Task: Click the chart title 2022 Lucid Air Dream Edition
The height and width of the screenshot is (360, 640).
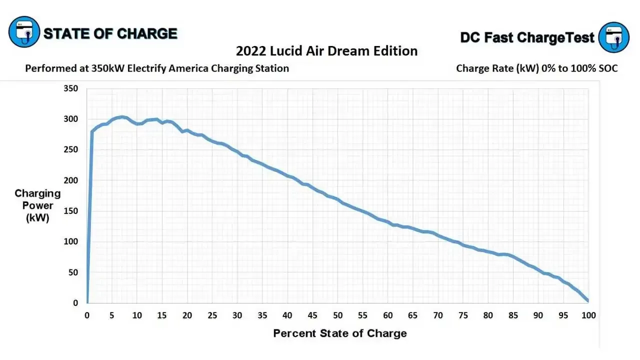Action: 326,51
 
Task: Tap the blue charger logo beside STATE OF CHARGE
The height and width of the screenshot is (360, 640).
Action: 24,31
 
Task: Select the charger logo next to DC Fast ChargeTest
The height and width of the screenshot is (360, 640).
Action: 613,37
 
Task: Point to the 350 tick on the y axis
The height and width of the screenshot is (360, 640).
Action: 70,88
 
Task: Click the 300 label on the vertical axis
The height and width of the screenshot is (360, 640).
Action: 70,119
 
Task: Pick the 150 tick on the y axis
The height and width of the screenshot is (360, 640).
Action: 70,211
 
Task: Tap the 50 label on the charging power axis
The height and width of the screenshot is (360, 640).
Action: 73,272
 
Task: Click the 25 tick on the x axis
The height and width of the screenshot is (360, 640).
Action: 212,315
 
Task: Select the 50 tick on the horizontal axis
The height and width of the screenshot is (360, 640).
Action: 337,315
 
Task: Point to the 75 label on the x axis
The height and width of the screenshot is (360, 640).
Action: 463,315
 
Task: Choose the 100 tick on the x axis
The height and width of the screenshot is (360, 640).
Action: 588,315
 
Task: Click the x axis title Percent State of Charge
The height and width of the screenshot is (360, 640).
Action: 340,333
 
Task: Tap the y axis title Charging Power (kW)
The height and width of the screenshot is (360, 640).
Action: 37,205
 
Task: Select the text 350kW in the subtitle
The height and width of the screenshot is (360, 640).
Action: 107,68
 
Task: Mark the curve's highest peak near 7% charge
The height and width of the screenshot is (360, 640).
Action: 122,117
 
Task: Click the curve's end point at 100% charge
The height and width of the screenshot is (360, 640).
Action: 588,300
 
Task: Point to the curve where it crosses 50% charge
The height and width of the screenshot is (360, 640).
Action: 337,199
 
